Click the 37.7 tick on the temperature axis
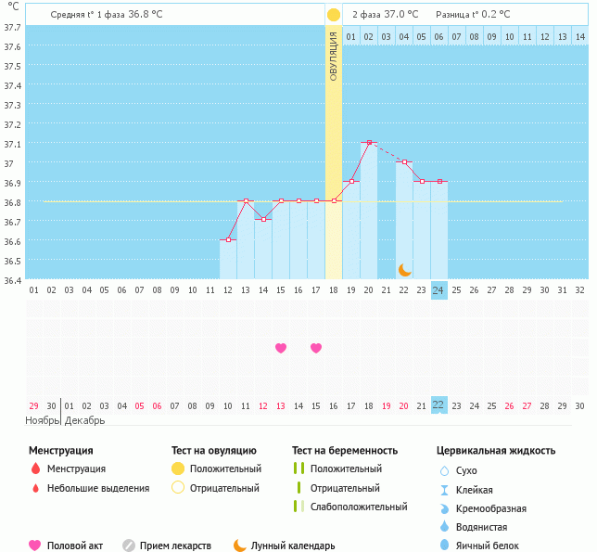click(x=13, y=27)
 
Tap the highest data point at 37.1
click(x=369, y=143)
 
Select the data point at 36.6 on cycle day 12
click(x=228, y=240)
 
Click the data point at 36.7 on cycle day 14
click(x=263, y=220)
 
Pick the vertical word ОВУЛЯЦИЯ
click(x=334, y=57)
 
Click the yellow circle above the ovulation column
click(x=334, y=15)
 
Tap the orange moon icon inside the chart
click(x=405, y=269)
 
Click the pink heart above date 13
click(x=281, y=348)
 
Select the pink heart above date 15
click(x=316, y=348)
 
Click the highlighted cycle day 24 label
click(x=439, y=290)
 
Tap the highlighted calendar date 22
click(x=439, y=405)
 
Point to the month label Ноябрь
click(x=42, y=420)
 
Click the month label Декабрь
click(x=84, y=420)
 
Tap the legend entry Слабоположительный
click(x=359, y=507)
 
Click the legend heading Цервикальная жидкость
click(x=496, y=450)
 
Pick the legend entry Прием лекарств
click(x=175, y=546)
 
